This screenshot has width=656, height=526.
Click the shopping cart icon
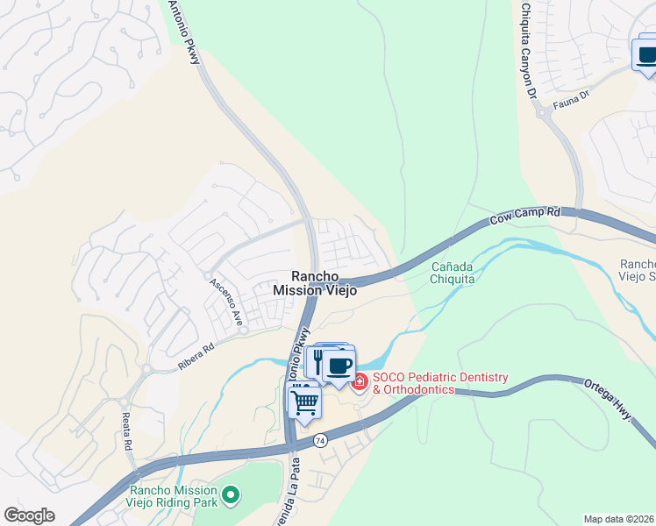tap(304, 403)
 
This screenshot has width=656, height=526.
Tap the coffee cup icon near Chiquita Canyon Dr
tap(647, 55)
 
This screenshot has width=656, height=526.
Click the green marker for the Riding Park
tap(231, 496)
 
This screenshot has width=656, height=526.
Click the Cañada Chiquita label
tap(453, 273)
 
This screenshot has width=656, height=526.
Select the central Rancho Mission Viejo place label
tap(315, 282)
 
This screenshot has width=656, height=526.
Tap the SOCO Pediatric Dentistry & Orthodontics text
tap(439, 383)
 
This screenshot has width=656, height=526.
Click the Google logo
tap(29, 515)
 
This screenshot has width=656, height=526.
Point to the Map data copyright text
tap(618, 519)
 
